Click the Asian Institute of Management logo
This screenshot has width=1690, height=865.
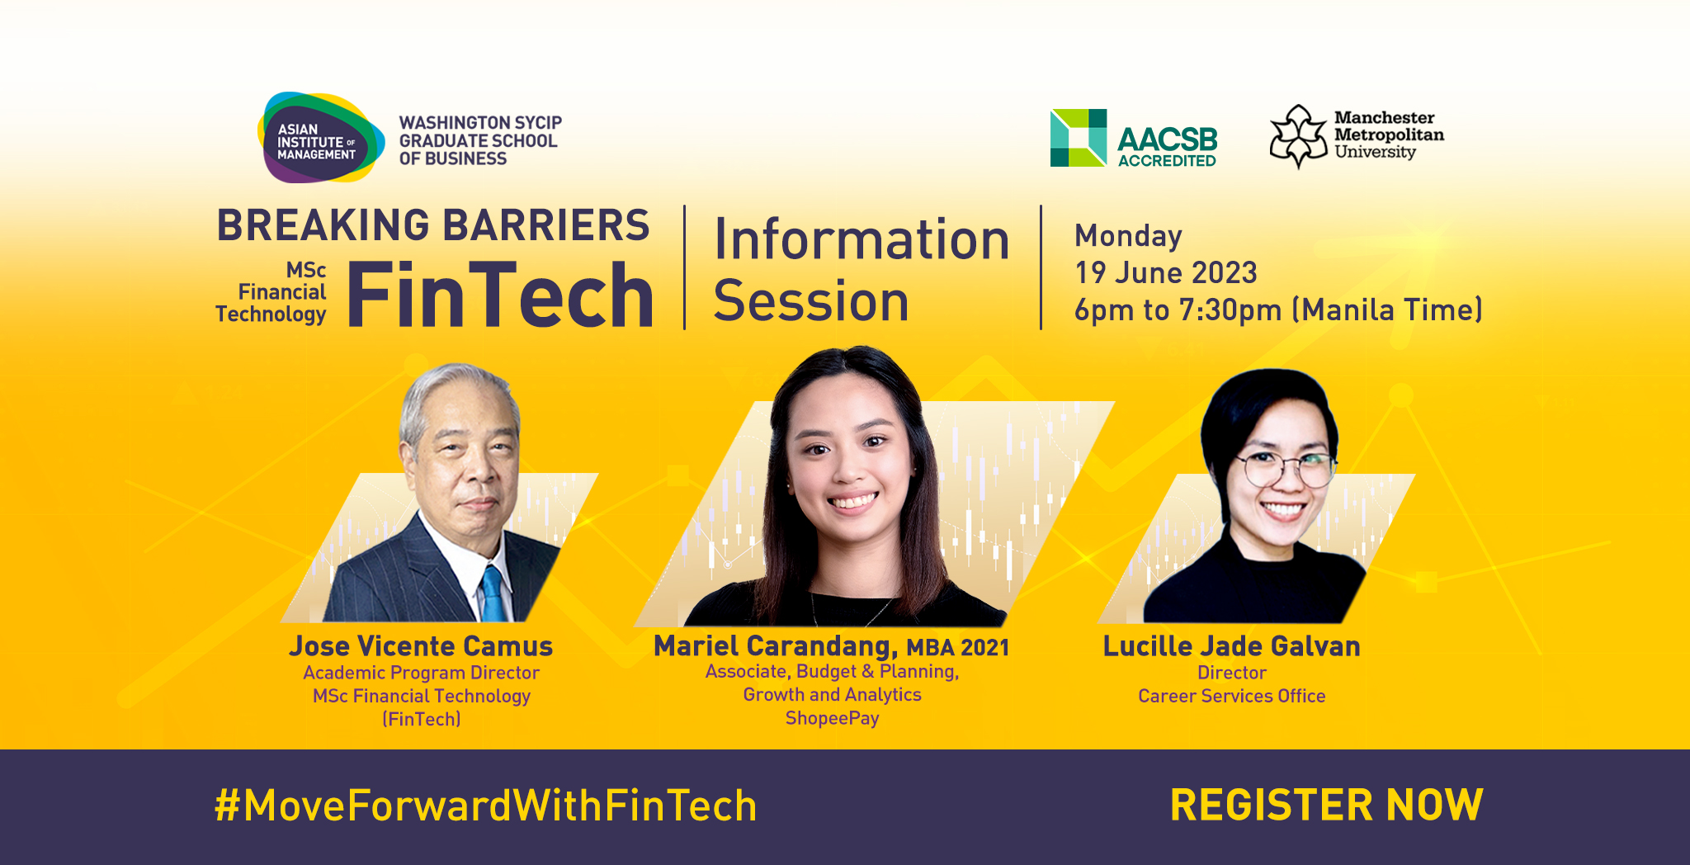(320, 138)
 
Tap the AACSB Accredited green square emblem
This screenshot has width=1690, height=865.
(1078, 138)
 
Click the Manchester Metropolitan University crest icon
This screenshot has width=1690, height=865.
(1298, 136)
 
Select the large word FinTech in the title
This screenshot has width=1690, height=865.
(500, 295)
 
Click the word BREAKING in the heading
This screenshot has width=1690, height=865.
(323, 225)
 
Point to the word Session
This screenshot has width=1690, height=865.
(811, 300)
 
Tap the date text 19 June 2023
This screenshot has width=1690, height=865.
(1165, 272)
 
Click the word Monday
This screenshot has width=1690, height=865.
(1128, 236)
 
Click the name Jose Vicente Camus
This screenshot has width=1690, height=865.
(421, 645)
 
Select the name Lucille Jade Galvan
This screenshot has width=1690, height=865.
(1231, 645)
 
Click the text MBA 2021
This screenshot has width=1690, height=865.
(957, 647)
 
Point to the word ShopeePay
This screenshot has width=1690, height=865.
(832, 718)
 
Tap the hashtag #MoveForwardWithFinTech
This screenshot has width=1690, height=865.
(485, 806)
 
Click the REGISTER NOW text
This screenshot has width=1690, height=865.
(1326, 805)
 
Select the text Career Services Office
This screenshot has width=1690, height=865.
(1231, 696)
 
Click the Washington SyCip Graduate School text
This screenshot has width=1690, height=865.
(480, 140)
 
